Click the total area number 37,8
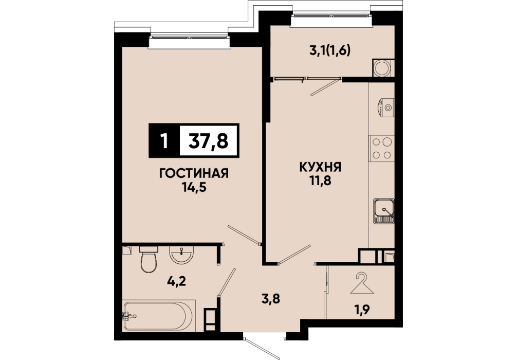tap(208, 141)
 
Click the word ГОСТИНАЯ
tap(194, 173)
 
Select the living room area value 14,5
tap(194, 187)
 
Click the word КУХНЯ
tap(320, 167)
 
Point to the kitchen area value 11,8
tap(320, 181)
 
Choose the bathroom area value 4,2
tap(177, 281)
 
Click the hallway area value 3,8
tap(271, 299)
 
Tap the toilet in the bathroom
tap(149, 259)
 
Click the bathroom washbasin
tap(182, 255)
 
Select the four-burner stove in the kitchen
tap(381, 148)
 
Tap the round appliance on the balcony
tap(382, 68)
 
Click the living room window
tap(189, 41)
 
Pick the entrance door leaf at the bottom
tap(262, 348)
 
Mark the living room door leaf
tap(244, 235)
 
